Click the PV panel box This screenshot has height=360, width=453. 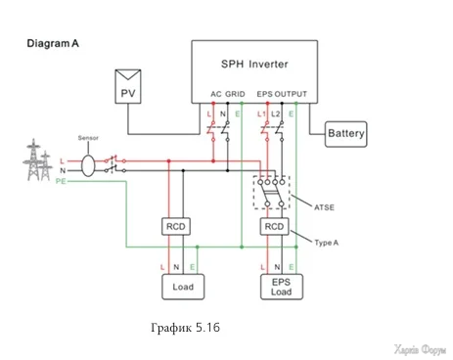(128, 87)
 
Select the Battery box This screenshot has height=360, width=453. (345, 134)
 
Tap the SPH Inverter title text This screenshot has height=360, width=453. (254, 64)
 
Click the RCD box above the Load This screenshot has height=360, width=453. (176, 226)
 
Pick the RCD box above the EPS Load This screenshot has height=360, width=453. (274, 226)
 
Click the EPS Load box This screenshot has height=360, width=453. (282, 287)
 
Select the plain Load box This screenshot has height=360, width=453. (183, 287)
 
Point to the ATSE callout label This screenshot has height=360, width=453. (324, 207)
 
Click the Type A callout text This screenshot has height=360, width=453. (326, 243)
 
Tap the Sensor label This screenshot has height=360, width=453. (88, 138)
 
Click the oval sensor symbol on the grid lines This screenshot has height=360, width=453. (88, 165)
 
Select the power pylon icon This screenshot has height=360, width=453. (37, 159)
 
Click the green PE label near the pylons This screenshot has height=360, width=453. (61, 181)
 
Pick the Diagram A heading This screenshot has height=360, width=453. (53, 43)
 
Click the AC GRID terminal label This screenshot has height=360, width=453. (228, 94)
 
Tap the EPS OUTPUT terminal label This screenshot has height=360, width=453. (282, 94)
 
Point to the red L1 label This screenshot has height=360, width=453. (261, 114)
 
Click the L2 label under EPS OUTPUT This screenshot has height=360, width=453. (276, 114)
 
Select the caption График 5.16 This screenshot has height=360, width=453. (185, 327)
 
